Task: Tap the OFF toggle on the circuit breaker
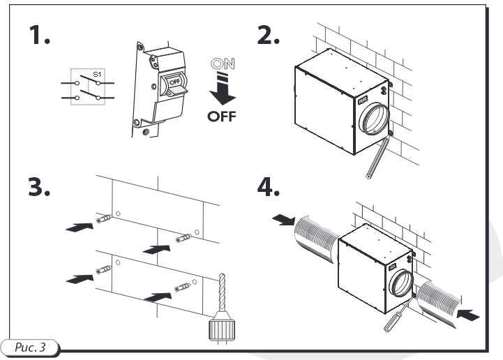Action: (172, 83)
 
